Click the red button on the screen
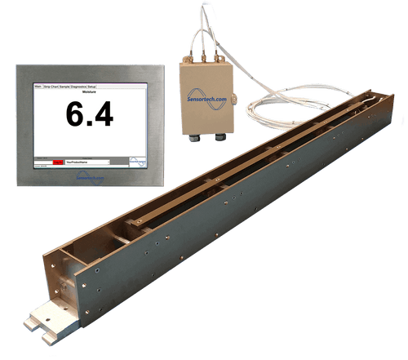pyautogui.click(x=57, y=162)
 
